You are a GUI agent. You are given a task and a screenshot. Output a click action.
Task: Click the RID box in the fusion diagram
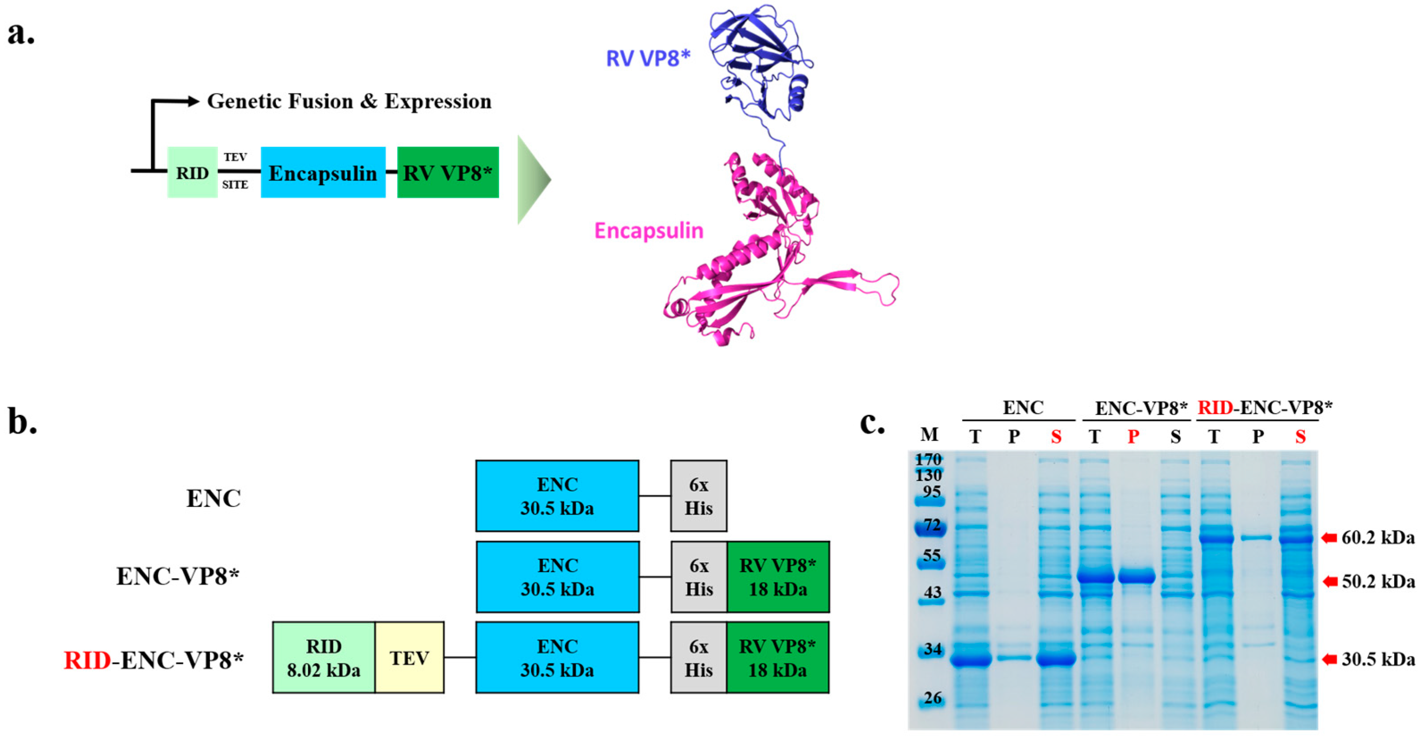(192, 172)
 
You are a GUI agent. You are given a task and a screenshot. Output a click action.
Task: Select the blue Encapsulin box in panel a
(323, 172)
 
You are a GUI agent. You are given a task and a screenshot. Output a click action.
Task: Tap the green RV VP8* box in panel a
(448, 172)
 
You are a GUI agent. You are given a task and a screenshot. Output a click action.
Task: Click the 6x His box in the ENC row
(698, 496)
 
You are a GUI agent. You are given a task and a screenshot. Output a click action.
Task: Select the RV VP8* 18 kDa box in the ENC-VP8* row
(778, 577)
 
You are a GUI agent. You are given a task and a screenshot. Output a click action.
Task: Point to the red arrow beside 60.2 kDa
(1329, 538)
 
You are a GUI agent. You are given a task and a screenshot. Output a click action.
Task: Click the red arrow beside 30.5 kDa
(1329, 659)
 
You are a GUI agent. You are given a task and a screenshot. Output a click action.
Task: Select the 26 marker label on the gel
(933, 698)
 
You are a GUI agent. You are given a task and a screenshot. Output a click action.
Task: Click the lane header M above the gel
(929, 435)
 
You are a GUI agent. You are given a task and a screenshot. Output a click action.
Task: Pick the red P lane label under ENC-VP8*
(1133, 437)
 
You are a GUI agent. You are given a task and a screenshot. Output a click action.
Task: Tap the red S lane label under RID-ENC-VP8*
(1301, 437)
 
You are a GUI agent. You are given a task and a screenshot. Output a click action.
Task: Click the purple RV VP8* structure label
(648, 59)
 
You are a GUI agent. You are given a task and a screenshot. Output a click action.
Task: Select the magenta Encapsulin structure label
(648, 230)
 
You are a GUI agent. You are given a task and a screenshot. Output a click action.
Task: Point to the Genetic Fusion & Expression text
(349, 101)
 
